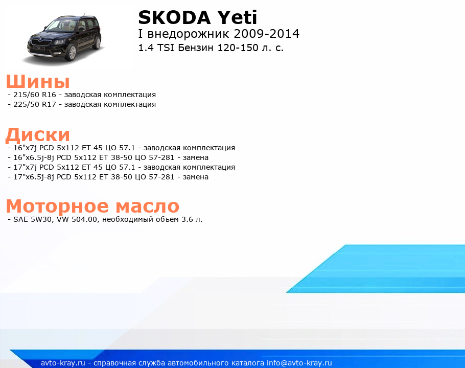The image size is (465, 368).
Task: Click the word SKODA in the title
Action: pos(174,17)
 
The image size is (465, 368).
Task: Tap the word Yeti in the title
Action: pos(237,17)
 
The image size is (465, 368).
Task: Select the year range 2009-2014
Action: pos(267,34)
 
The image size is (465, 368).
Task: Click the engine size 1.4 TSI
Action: pos(156,48)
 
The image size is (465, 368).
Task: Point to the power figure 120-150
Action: pos(238,48)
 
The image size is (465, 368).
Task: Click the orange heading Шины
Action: pos(38,81)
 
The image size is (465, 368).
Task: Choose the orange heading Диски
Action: pos(38,135)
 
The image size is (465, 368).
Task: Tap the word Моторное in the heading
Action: pos(57,206)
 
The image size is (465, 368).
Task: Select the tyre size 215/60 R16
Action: pos(35,95)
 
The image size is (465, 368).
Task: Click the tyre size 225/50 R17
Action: pos(35,104)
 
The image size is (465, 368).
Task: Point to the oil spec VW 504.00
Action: pos(77,219)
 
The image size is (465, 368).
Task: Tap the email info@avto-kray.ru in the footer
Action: pos(299,363)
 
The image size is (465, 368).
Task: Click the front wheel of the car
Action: pos(72,53)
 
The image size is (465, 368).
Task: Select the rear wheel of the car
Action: pos(98,43)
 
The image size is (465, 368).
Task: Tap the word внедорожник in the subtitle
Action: pos(189,34)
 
